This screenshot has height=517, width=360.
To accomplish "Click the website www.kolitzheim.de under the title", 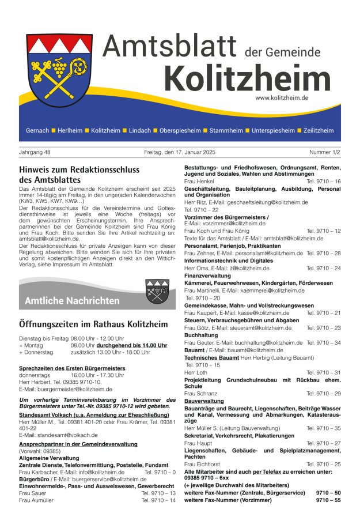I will pos(282,98).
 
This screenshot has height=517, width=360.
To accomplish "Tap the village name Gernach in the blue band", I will pos(37,131).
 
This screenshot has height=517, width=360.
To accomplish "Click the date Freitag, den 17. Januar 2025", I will pos(180,153).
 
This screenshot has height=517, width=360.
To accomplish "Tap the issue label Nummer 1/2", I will pos(324,153).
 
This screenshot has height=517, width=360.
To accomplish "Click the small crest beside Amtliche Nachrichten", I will pos(157,291).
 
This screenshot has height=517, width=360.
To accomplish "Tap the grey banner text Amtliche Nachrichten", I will pos(72,301).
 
